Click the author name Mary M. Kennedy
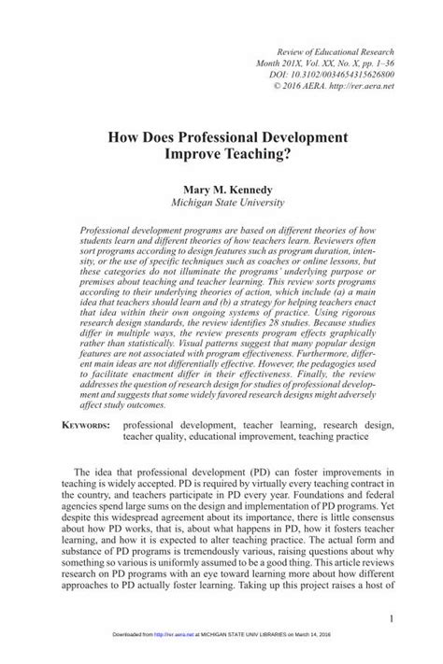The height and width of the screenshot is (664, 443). point(221,187)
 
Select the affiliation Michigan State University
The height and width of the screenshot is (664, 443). point(221,201)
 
